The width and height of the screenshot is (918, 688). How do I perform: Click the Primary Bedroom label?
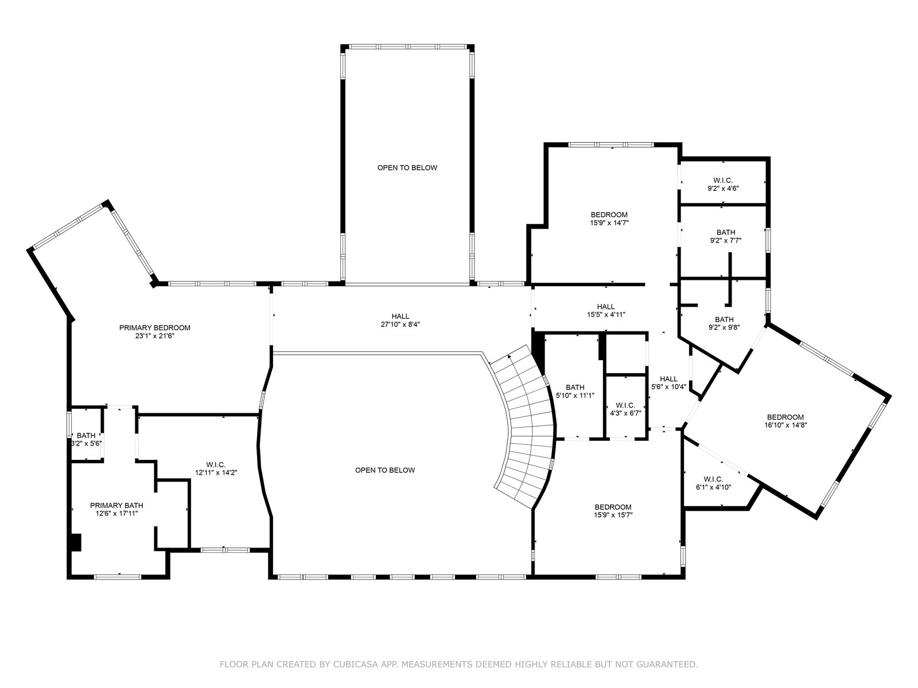pos(155,328)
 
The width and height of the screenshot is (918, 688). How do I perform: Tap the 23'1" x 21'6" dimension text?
pos(155,336)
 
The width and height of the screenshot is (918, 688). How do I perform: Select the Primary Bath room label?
pos(116,506)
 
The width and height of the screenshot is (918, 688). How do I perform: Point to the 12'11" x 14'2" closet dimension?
pos(216,472)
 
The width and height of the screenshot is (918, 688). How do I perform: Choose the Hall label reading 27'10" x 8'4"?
pos(400,316)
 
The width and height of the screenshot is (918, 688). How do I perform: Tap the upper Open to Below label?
pos(407,168)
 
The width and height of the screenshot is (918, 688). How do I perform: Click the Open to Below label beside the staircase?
pos(385,470)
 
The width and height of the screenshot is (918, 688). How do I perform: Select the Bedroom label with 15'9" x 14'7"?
pos(609,215)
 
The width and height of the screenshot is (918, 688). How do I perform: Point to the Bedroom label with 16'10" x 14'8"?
pos(785,417)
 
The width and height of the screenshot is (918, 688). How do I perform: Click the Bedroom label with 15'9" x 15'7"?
pos(613,507)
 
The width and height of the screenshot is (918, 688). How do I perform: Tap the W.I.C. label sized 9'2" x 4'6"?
pos(723,181)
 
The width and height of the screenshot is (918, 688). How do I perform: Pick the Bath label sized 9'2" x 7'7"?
pos(726,233)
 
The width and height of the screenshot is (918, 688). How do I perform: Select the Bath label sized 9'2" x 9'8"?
pos(725,319)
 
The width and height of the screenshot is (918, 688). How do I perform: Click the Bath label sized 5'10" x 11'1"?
pos(575,387)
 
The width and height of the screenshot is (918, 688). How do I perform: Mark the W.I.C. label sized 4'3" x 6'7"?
pos(625,405)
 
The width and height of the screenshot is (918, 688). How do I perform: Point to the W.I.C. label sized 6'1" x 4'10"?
pos(714,479)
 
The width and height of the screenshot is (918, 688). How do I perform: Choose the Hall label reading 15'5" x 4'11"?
pos(606,307)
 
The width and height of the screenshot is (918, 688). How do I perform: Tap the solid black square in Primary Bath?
pos(76,542)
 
